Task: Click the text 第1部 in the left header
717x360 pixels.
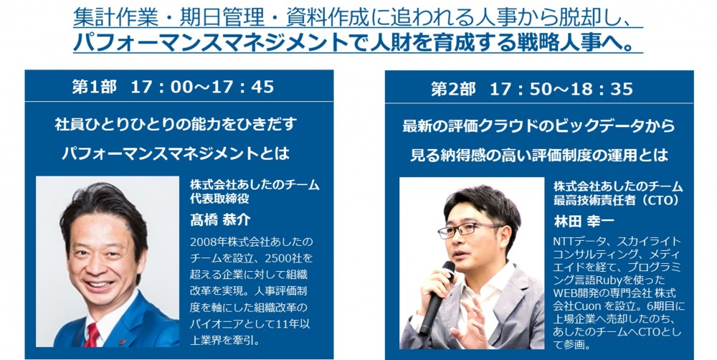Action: (x=94, y=87)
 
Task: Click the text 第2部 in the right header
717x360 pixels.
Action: (x=453, y=89)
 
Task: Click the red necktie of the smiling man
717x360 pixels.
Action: (x=92, y=335)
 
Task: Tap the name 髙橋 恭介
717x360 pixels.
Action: (x=220, y=220)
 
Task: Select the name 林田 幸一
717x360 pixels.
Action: (x=584, y=222)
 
